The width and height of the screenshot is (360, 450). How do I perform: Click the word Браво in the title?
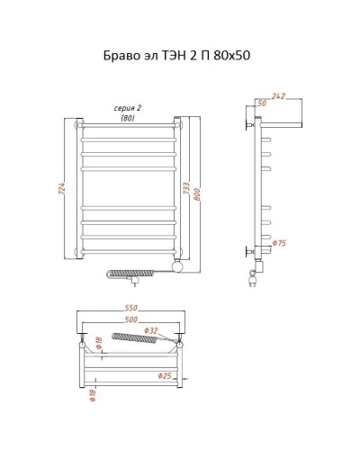(x=121, y=56)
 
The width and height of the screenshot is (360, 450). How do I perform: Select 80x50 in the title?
(x=231, y=56)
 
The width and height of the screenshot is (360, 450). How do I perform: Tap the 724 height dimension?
(x=61, y=188)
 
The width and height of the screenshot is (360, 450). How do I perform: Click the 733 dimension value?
(x=186, y=188)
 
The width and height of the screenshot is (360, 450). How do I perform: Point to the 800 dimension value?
(x=197, y=194)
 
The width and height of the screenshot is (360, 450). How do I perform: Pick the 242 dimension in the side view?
(x=278, y=96)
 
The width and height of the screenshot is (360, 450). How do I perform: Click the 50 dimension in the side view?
(x=262, y=103)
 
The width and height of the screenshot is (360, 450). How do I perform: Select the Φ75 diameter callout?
(x=279, y=243)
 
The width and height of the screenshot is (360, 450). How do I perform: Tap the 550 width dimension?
(x=131, y=308)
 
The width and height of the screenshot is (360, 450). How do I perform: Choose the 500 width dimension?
(x=131, y=319)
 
